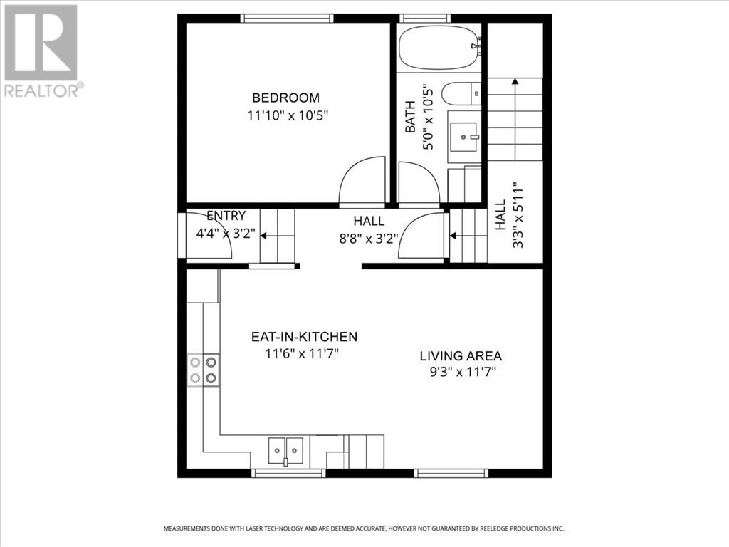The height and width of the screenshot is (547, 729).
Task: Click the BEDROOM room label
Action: pyautogui.click(x=286, y=98)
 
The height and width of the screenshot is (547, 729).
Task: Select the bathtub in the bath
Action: pyautogui.click(x=439, y=48)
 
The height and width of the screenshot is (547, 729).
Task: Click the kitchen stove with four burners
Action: pyautogui.click(x=203, y=371)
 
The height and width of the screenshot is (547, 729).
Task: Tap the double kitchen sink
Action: pyautogui.click(x=285, y=450)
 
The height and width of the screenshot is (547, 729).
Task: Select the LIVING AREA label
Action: pyautogui.click(x=461, y=356)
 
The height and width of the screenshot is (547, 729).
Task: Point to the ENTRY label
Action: pyautogui.click(x=226, y=216)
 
